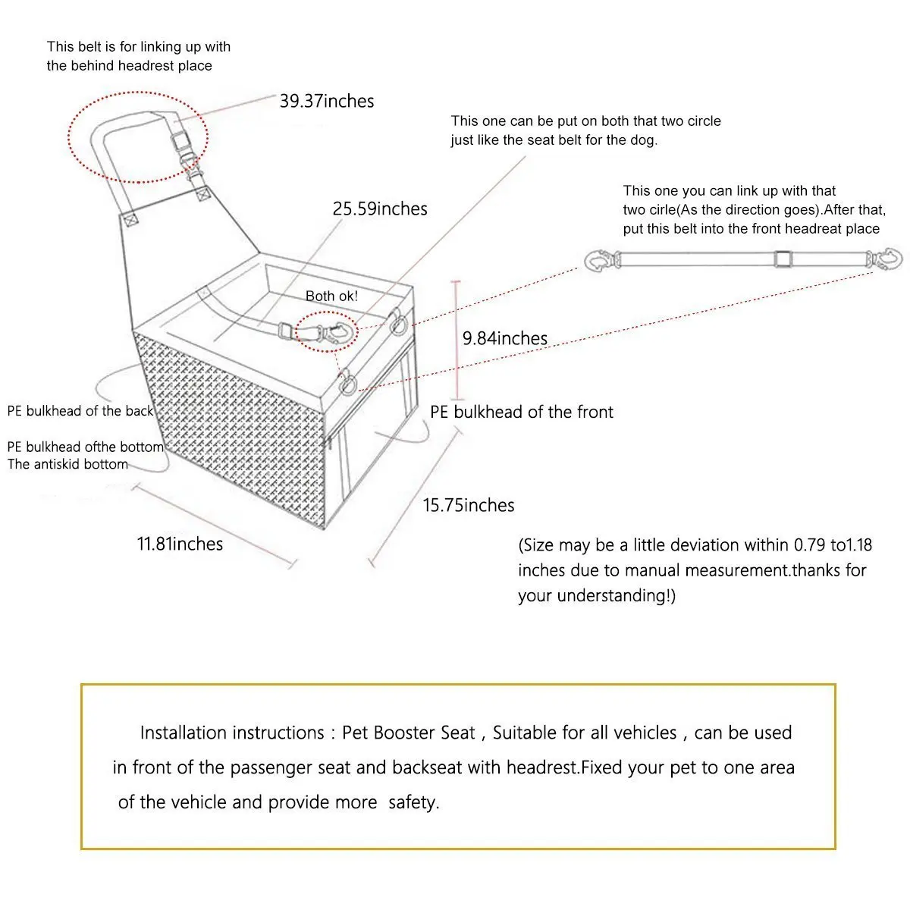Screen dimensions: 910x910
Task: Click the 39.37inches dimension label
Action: [x=326, y=102]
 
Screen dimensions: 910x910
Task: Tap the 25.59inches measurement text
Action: [x=380, y=209]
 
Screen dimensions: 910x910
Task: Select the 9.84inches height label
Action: [x=505, y=338]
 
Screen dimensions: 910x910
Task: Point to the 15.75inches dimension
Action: [x=468, y=506]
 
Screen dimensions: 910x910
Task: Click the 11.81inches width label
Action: [x=180, y=544]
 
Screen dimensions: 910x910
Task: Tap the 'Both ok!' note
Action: [x=331, y=296]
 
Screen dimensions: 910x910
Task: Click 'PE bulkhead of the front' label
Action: [x=522, y=413]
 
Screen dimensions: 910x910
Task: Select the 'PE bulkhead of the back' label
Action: [x=80, y=411]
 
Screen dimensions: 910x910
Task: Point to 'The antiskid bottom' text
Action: [x=67, y=464]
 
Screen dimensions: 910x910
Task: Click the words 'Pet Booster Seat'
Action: [x=408, y=733]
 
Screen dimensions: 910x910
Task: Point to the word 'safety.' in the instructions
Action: [x=413, y=802]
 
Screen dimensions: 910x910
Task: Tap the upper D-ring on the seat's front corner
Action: [x=397, y=324]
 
